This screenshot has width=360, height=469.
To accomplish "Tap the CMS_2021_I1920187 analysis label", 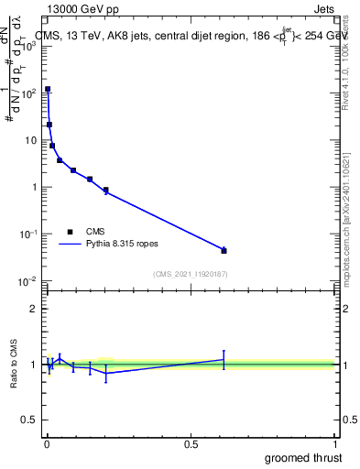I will (x=190, y=274).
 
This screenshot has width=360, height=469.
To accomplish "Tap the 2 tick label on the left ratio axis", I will (x=33, y=309).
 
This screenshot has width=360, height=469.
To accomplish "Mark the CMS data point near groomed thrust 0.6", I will (x=224, y=250).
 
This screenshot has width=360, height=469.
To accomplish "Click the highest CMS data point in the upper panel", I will (x=48, y=90).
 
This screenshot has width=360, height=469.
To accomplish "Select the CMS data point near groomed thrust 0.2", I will (x=106, y=191).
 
